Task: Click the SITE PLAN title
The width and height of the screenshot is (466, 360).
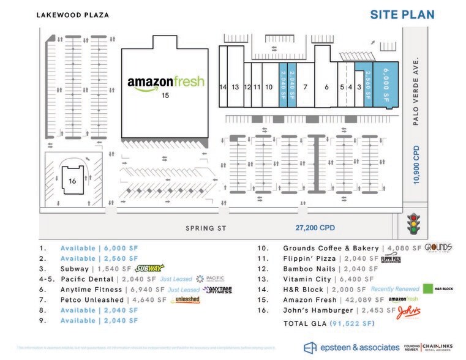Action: (402, 14)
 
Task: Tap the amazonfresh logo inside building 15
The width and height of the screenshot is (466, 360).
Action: (165, 83)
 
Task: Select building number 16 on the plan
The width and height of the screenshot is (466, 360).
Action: (72, 181)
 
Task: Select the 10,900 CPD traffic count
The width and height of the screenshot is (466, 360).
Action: (416, 165)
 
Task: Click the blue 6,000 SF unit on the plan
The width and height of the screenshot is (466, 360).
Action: (386, 86)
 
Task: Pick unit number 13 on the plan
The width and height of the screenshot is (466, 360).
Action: (235, 87)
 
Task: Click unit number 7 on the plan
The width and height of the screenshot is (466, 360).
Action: (304, 87)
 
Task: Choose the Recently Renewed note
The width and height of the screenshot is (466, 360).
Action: (394, 290)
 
